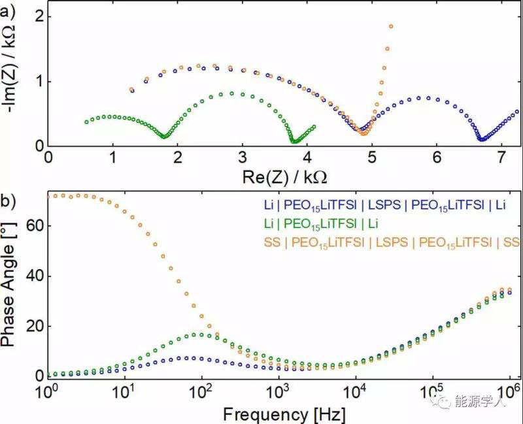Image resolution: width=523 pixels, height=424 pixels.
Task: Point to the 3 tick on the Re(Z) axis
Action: tap(242, 157)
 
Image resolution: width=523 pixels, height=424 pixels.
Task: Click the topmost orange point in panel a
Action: tap(391, 26)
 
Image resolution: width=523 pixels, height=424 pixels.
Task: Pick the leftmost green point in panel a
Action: tap(86, 122)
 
